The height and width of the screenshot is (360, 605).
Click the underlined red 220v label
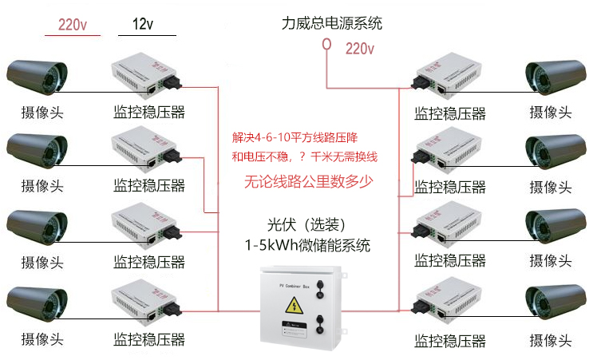(x=72, y=25)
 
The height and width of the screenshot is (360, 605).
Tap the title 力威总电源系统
(x=331, y=23)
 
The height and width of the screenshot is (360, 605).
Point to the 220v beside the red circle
(x=359, y=49)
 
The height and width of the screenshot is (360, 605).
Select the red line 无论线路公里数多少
(x=308, y=182)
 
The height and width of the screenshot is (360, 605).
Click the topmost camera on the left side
(x=35, y=75)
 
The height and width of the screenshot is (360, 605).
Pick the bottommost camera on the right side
(x=556, y=303)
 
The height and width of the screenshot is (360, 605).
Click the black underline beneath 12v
(x=147, y=36)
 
